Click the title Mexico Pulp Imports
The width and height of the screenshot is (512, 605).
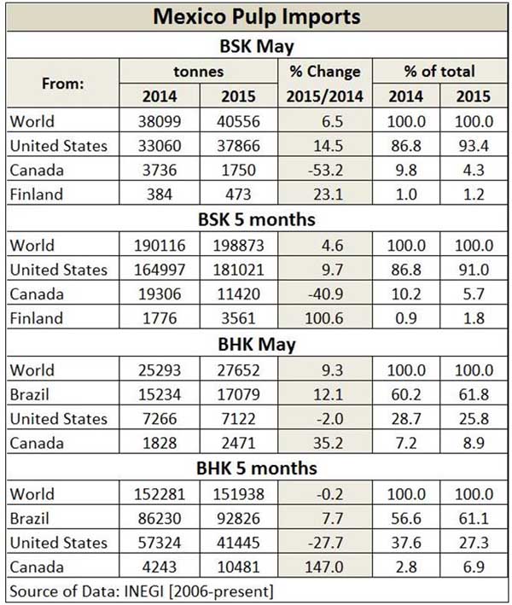click(x=256, y=17)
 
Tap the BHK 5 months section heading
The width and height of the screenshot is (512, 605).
click(x=256, y=468)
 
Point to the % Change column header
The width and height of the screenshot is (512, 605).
click(x=324, y=72)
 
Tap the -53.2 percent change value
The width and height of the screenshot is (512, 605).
click(x=324, y=170)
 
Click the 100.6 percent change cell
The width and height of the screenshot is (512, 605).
click(x=324, y=319)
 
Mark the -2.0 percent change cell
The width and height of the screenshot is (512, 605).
click(x=324, y=418)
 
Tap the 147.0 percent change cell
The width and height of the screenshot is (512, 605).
click(x=324, y=567)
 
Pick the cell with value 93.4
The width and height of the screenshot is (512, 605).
click(x=471, y=146)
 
